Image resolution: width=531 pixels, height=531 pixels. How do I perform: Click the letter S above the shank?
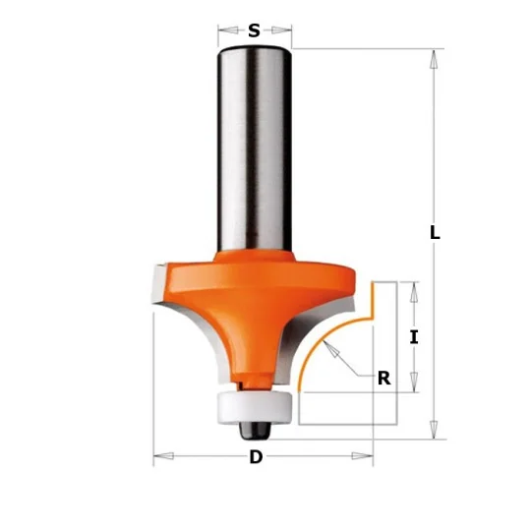click(x=254, y=30)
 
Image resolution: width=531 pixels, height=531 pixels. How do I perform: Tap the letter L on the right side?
click(x=435, y=233)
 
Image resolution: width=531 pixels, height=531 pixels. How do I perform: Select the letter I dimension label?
click(x=414, y=337)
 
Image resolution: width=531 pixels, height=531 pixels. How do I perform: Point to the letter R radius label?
click(x=384, y=379)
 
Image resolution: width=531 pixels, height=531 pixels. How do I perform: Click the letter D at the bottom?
click(x=256, y=457)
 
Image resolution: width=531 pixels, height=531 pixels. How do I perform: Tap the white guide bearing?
click(x=256, y=407)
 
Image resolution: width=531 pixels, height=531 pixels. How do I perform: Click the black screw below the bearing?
click(x=256, y=431)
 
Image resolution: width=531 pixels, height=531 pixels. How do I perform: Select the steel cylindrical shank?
click(x=255, y=150)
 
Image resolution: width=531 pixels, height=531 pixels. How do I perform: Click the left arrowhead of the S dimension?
click(x=228, y=30)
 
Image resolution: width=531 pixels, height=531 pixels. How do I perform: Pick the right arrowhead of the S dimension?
click(x=281, y=30)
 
